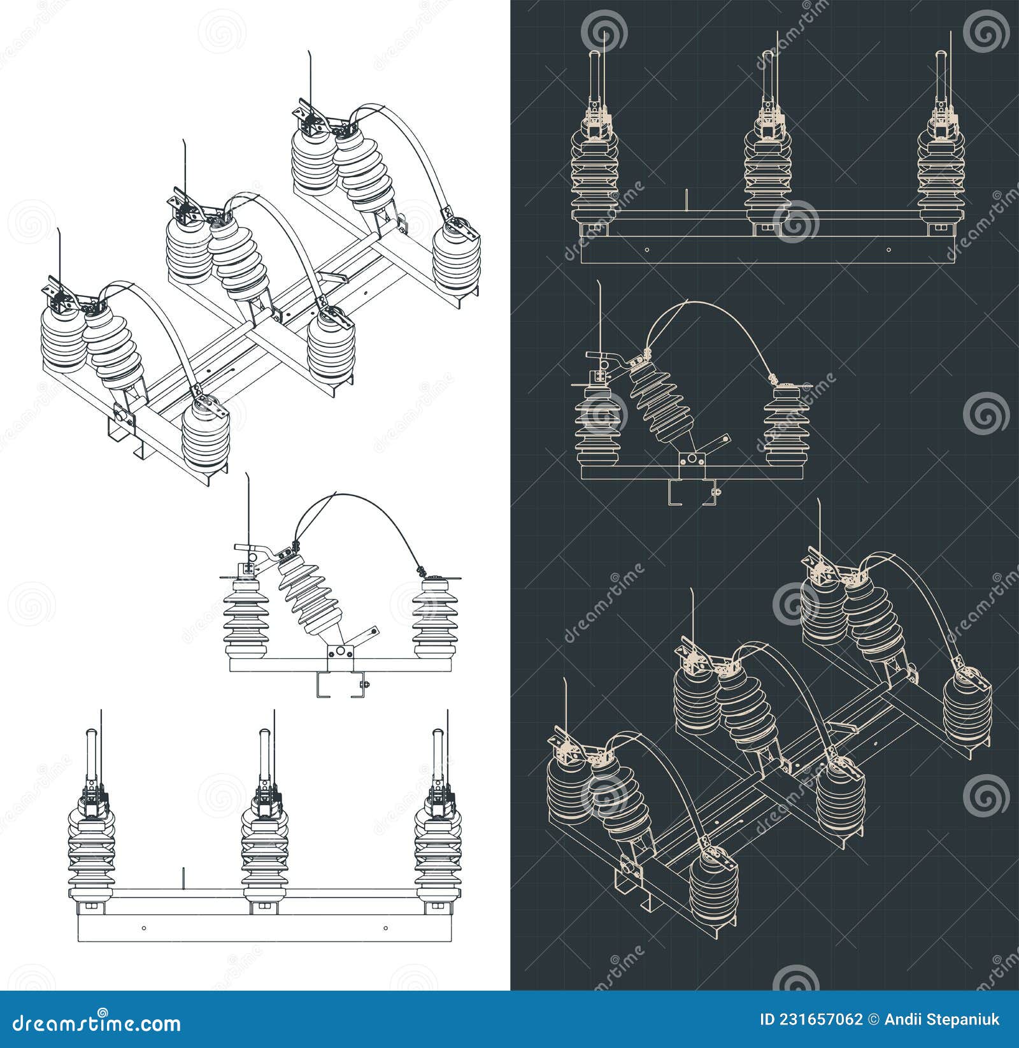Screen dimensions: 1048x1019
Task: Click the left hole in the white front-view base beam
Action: click(145, 928)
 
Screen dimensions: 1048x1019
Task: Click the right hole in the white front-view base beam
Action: click(385, 928)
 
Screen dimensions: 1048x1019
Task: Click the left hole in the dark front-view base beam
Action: click(648, 250)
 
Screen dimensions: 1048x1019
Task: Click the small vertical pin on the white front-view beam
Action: click(183, 877)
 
